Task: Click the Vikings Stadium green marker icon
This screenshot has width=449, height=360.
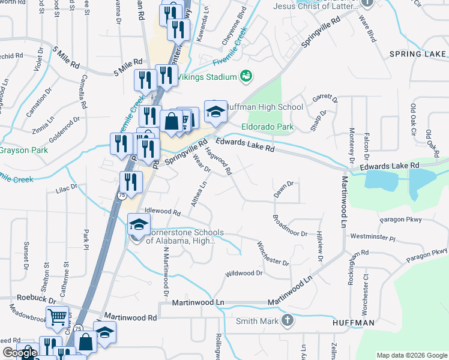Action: (x=246, y=76)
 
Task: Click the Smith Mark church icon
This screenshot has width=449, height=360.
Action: (x=287, y=320)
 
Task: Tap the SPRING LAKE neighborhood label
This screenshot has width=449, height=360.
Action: (x=417, y=54)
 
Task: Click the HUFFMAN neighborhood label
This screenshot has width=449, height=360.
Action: (x=354, y=323)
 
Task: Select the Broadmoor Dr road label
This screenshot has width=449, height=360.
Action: (x=290, y=226)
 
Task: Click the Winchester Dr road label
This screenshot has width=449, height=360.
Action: (x=273, y=254)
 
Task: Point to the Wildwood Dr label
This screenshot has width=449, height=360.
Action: (x=244, y=274)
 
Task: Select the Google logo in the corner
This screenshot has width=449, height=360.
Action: (x=20, y=353)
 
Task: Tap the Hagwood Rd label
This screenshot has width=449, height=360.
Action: (x=219, y=161)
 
